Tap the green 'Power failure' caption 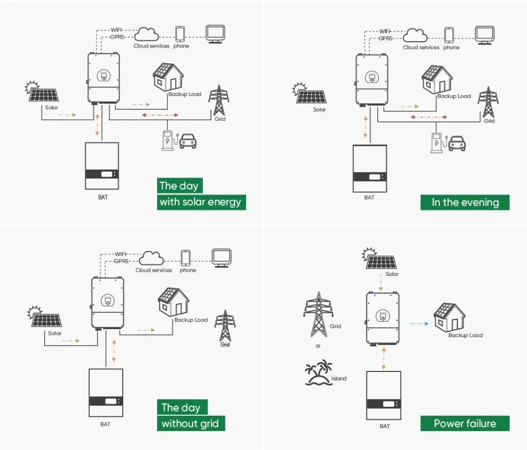(x=465, y=423)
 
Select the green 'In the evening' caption (x=465, y=203)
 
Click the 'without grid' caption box (x=190, y=423)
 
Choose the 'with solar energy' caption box (x=201, y=202)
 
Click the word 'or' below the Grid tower (x=318, y=346)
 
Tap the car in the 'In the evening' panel (x=457, y=143)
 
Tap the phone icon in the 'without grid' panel (x=186, y=258)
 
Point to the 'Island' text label (x=339, y=378)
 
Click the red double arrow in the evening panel (x=428, y=117)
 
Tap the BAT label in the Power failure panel (x=384, y=426)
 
